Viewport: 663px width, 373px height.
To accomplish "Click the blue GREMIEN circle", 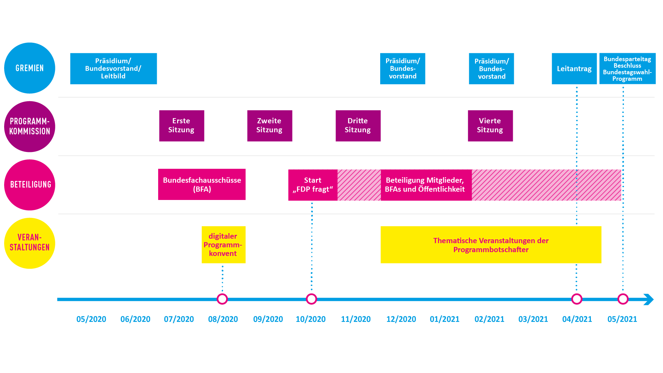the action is point(30,68).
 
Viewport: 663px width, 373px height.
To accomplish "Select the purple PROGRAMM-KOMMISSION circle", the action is point(30,126).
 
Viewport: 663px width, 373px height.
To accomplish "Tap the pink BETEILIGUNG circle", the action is point(30,185).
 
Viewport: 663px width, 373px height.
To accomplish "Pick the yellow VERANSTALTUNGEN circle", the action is point(30,243).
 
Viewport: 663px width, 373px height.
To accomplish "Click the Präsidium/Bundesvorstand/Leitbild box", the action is point(114,68).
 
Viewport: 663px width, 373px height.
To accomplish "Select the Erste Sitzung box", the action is point(182,126).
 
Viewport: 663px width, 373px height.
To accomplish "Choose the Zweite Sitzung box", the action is point(270,126).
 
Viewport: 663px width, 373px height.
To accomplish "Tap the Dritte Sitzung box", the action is point(358,126).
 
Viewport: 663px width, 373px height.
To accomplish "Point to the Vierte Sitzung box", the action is point(490,126).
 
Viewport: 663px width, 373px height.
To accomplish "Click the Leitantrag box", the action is point(574,68).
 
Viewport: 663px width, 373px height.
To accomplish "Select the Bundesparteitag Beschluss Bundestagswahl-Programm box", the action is point(627,68).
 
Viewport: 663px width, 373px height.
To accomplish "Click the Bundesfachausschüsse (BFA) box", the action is point(202,184).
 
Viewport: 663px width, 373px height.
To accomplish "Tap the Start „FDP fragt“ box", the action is point(313,185).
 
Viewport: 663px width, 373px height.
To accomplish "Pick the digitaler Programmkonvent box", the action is point(223,245).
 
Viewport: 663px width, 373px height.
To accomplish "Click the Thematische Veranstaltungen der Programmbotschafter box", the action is point(491,245).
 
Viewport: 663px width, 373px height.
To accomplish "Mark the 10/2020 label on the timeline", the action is point(311,319).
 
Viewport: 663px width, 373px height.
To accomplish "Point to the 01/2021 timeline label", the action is point(445,319).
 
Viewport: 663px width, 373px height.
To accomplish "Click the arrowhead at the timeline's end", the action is point(649,299).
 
